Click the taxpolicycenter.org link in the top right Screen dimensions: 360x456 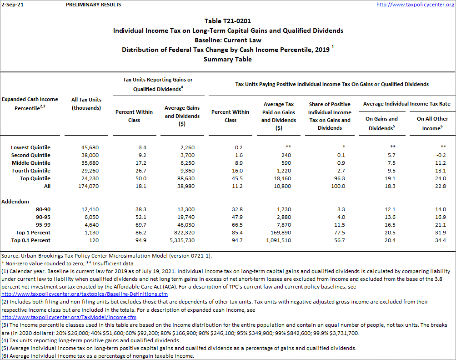click(415, 5)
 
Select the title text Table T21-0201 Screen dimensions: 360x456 click(228, 21)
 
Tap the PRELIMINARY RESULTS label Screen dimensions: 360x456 click(94, 5)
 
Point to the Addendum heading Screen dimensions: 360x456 click(15, 201)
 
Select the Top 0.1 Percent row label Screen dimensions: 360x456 click(30, 240)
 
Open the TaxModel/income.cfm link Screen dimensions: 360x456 click(69, 317)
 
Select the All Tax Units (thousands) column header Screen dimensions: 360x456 click(86, 104)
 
